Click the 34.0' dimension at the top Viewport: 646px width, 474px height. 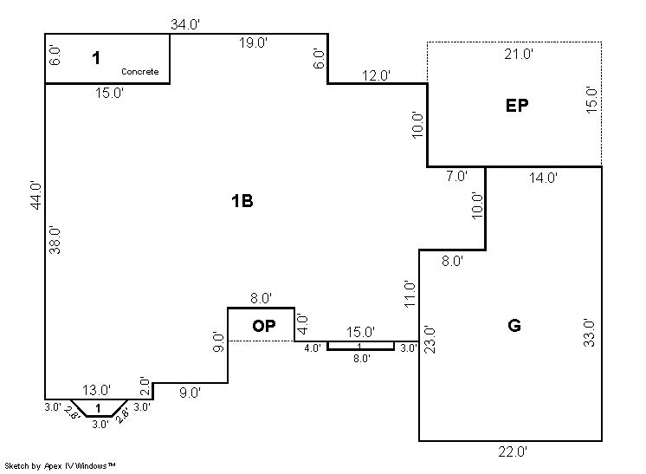(185, 24)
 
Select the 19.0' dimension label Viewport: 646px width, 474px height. (253, 43)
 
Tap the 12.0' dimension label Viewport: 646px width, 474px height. (376, 75)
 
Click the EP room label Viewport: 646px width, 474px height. (517, 106)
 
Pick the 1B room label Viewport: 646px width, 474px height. (242, 201)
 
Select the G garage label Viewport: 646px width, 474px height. (514, 326)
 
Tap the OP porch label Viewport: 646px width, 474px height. (263, 326)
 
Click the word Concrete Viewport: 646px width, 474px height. (139, 72)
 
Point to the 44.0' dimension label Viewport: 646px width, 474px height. (35, 195)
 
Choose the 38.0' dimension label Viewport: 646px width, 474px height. (54, 239)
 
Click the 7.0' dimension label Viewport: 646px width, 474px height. (456, 176)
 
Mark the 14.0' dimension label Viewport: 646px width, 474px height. (543, 178)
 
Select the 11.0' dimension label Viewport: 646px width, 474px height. (411, 293)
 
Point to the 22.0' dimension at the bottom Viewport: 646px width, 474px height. (513, 451)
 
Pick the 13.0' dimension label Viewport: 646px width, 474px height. (96, 390)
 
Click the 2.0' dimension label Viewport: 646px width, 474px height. (145, 385)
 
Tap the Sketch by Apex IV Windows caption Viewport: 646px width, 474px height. (61, 466)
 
